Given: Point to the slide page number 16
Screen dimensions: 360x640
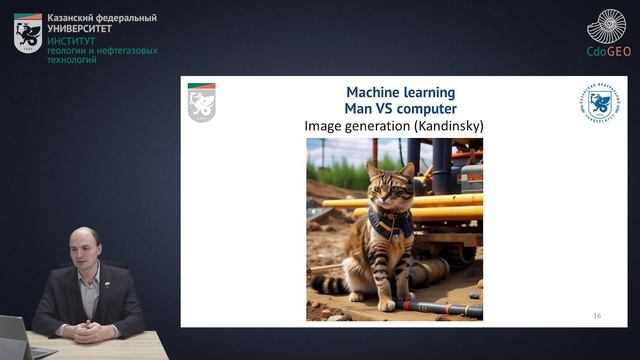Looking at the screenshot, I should coord(597,315).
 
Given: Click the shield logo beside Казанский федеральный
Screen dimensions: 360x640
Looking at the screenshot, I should coord(28,33).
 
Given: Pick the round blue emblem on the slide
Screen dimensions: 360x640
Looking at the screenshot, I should coord(599,102).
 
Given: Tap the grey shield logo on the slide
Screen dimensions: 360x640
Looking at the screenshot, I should coord(202,102).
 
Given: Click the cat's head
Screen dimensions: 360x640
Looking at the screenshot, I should coord(390,184).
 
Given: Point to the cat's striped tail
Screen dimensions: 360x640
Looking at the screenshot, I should coord(335,284).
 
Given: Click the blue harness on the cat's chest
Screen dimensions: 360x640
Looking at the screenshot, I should coord(390,222).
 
